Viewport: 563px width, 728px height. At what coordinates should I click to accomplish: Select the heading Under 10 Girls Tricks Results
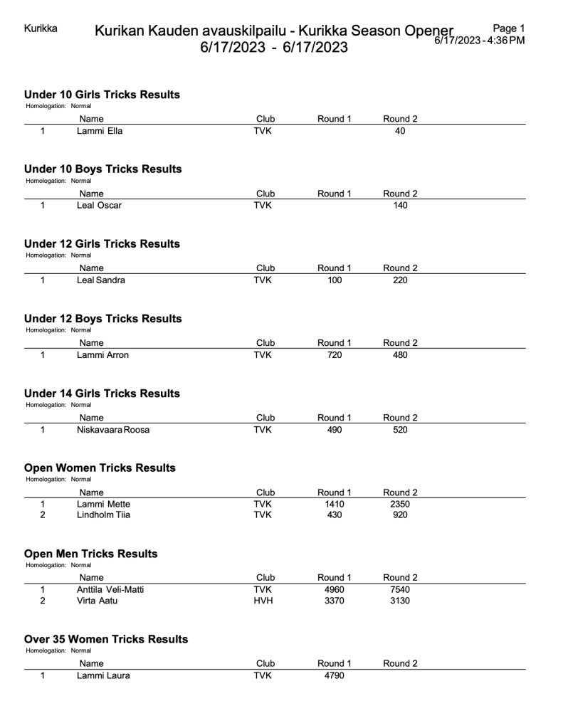[x=102, y=95]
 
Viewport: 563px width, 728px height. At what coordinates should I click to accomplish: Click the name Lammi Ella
[x=100, y=131]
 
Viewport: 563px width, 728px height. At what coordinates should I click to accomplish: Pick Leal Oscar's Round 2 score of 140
[x=400, y=206]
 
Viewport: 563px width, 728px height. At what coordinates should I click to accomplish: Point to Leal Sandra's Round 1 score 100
[x=334, y=280]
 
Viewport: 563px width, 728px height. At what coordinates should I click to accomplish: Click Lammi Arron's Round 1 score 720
[x=334, y=355]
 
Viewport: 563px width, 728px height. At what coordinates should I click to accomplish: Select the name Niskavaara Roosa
[x=113, y=430]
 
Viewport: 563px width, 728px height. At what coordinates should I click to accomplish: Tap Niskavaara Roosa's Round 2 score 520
[x=400, y=430]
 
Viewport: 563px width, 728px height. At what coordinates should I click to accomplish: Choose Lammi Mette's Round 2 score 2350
[x=400, y=505]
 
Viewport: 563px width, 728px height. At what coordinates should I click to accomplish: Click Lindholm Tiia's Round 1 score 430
[x=334, y=515]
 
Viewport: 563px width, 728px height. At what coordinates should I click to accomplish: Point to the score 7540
[x=400, y=589]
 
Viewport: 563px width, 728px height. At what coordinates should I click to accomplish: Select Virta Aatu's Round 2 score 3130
[x=400, y=601]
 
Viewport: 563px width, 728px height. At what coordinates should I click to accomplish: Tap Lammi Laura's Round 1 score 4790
[x=334, y=675]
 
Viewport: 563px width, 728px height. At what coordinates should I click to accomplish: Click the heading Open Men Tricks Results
[x=90, y=554]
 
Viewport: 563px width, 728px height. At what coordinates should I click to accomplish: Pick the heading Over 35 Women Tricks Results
[x=106, y=639]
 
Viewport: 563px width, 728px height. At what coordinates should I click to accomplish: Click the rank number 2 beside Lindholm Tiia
[x=43, y=515]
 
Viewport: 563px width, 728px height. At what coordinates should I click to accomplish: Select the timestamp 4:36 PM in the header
[x=505, y=40]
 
